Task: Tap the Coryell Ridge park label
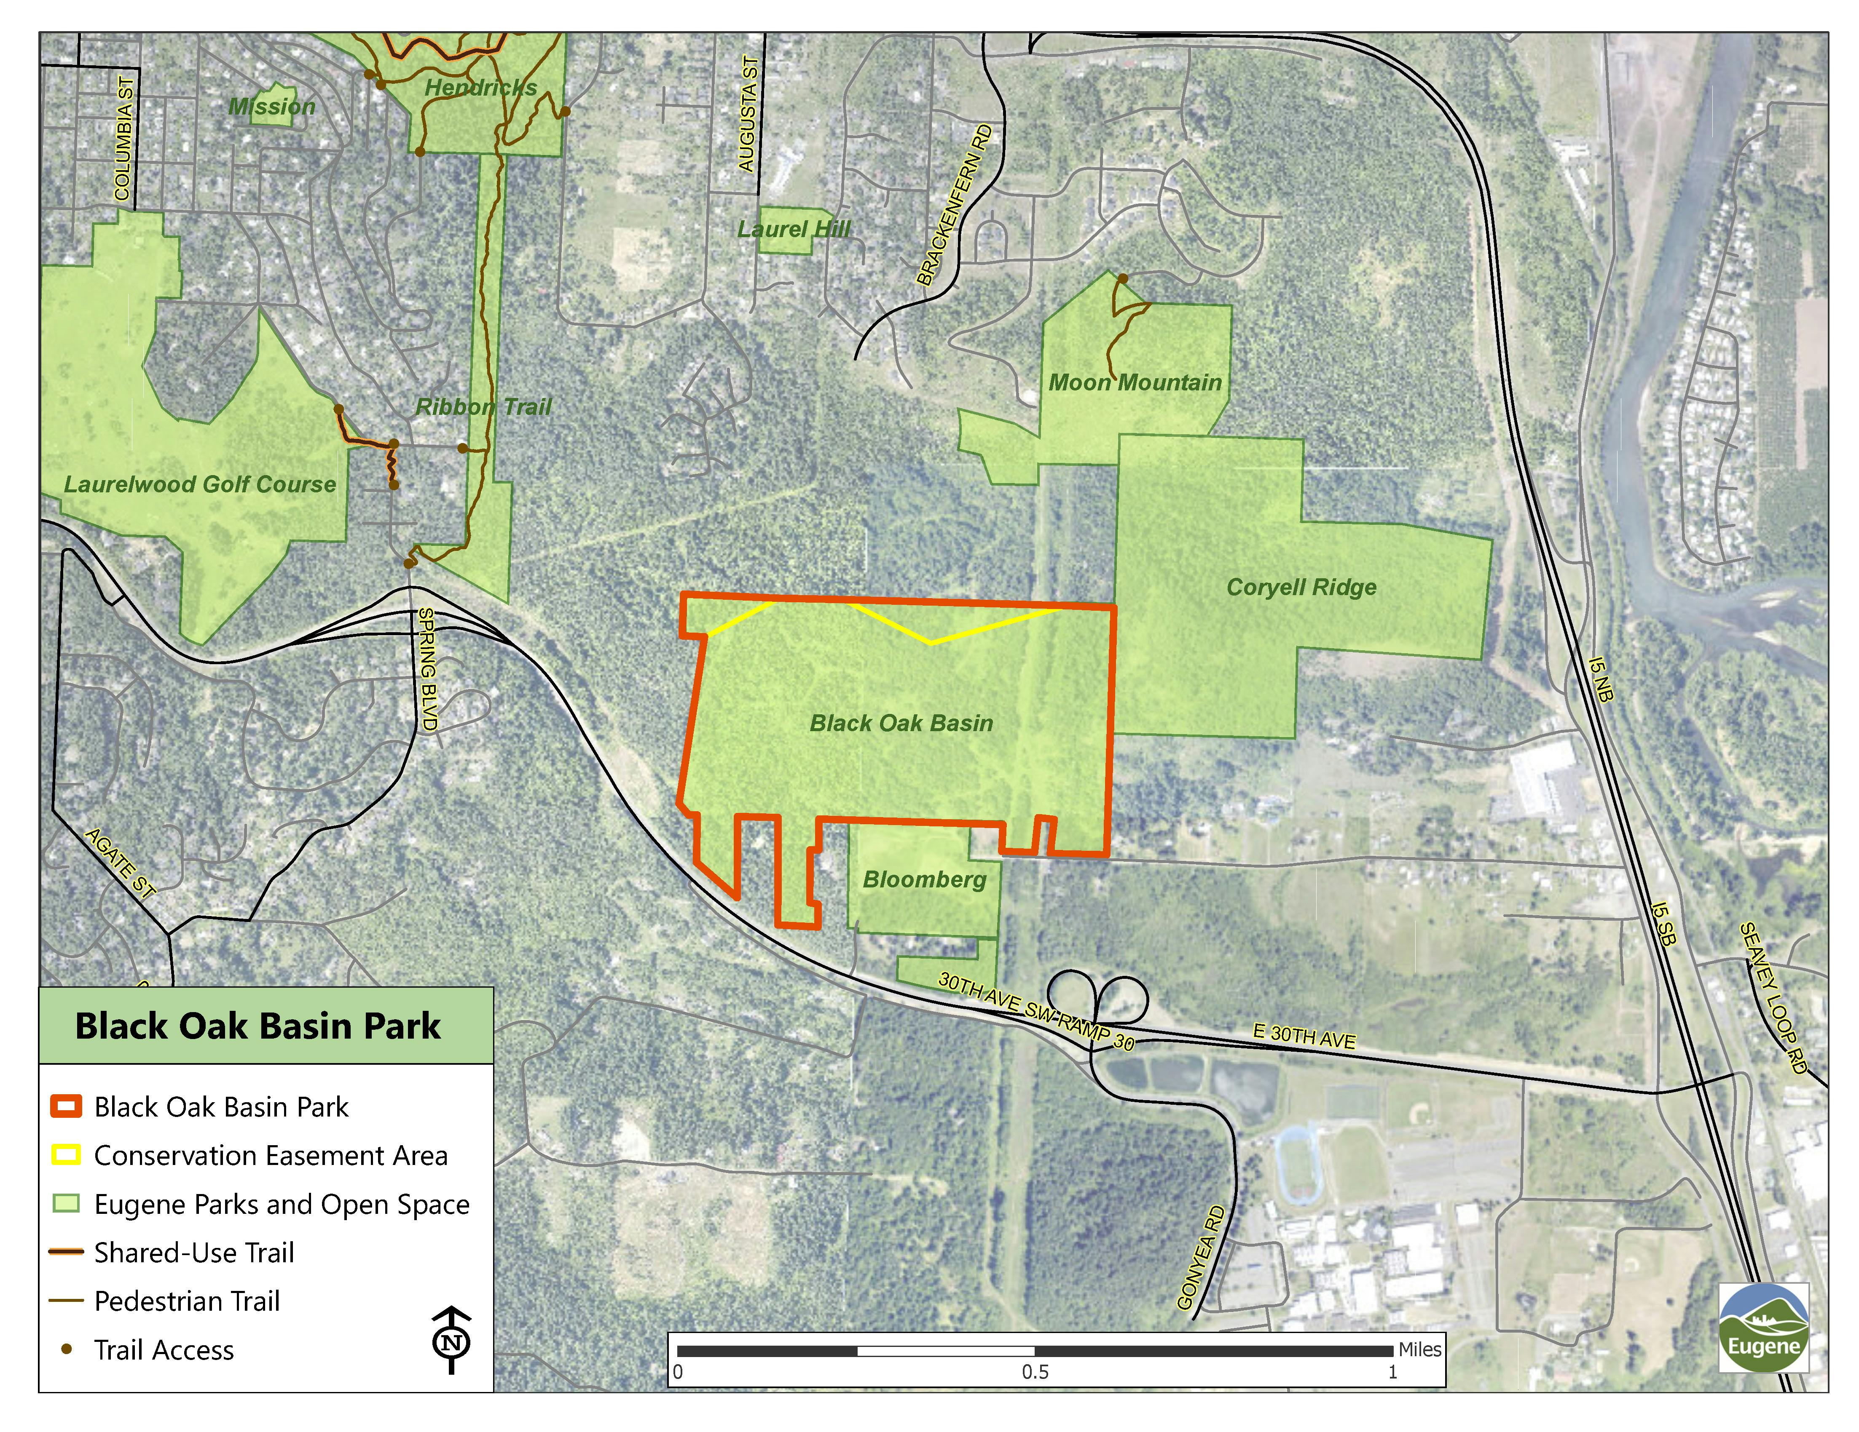(1301, 587)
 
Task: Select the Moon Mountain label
(1135, 383)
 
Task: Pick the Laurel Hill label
(793, 229)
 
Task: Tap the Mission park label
(271, 107)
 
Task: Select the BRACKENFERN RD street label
(954, 205)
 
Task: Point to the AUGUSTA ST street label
(747, 114)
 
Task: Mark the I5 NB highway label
(1600, 678)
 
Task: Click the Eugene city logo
(1763, 1328)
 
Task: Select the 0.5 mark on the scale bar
(1035, 1372)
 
